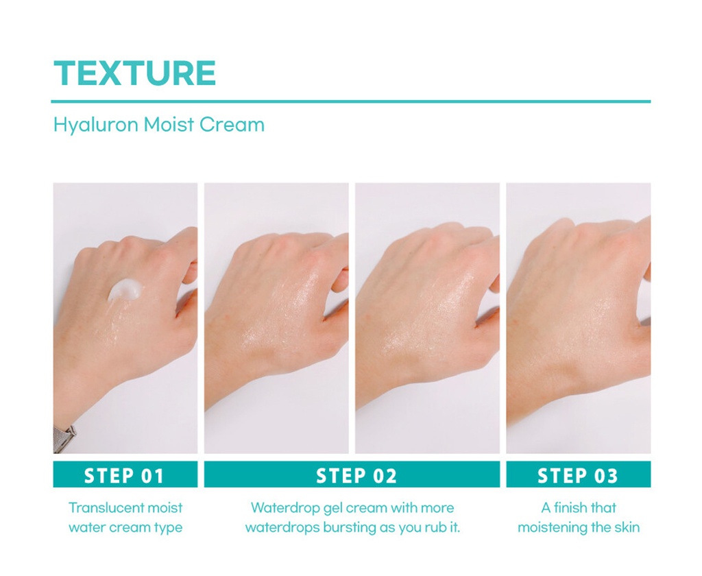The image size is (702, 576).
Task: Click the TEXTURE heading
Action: click(134, 73)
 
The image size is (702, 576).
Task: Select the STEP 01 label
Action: click(125, 475)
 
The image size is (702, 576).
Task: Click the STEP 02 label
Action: click(356, 475)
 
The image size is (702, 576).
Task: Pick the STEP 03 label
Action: click(578, 475)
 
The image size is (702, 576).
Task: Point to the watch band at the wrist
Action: click(64, 438)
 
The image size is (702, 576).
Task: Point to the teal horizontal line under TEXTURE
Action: click(351, 101)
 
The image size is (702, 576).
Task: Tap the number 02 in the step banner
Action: click(384, 475)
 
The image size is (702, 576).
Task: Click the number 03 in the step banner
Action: click(605, 475)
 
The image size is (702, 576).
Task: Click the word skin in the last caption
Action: click(627, 528)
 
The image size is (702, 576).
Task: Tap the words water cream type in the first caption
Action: click(125, 528)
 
